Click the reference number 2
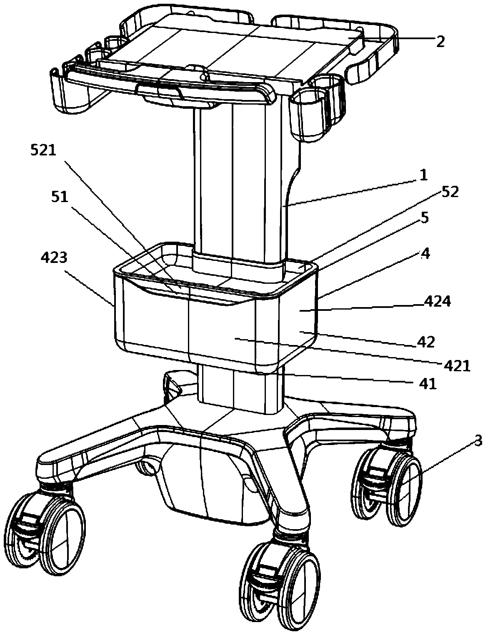click(440, 41)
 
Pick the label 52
click(450, 192)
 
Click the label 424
click(437, 302)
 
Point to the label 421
click(457, 366)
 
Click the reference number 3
click(478, 440)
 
